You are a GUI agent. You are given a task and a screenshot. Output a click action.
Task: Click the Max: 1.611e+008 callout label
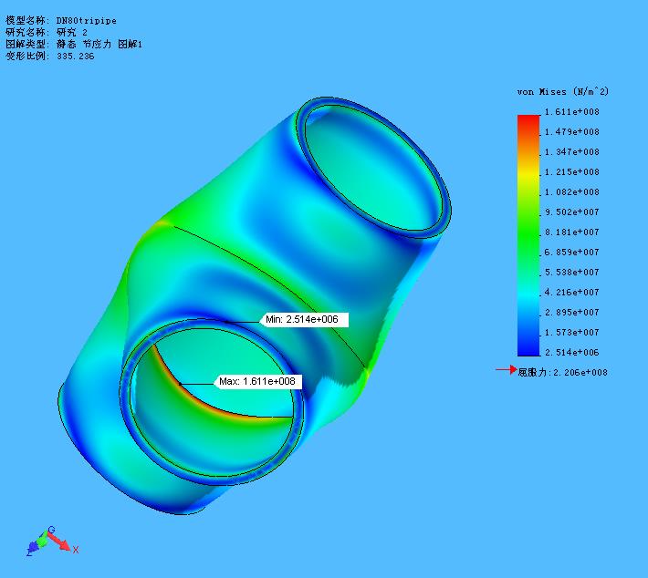258,381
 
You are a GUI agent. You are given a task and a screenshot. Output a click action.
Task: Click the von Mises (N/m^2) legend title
562,92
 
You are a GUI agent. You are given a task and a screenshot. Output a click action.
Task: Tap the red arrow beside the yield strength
505,370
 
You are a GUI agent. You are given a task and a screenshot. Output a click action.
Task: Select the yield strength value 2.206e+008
580,372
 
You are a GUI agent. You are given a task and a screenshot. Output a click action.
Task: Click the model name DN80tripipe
87,20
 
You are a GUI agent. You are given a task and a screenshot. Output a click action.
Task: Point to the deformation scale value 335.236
75,56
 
